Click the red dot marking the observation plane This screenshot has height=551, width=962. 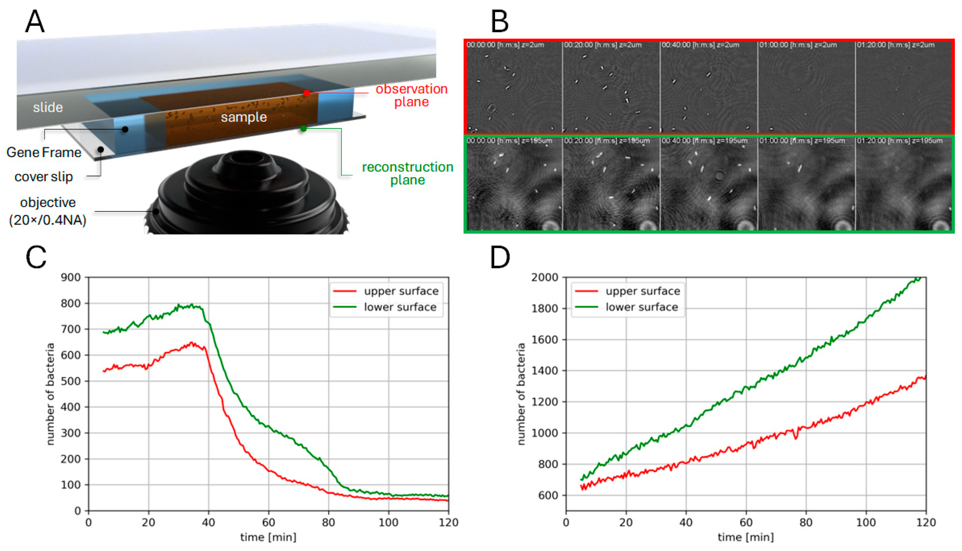pyautogui.click(x=307, y=93)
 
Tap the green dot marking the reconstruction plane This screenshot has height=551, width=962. pyautogui.click(x=303, y=129)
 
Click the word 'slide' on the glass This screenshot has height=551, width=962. pyautogui.click(x=48, y=108)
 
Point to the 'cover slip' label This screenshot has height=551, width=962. pyautogui.click(x=43, y=177)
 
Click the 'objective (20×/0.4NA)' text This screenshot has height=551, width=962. pyautogui.click(x=48, y=211)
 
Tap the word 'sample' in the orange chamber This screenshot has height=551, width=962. pyautogui.click(x=244, y=117)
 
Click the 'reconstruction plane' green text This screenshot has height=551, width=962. pyautogui.click(x=407, y=173)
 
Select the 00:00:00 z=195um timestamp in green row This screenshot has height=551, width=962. pyautogui.click(x=509, y=141)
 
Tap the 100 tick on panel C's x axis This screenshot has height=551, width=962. pyautogui.click(x=389, y=523)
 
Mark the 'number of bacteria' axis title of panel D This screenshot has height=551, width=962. pyautogui.click(x=521, y=394)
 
